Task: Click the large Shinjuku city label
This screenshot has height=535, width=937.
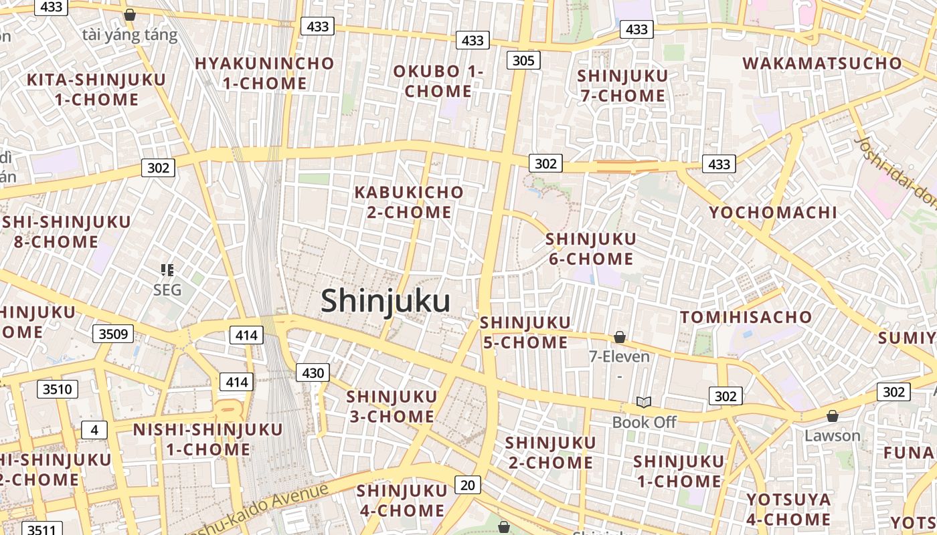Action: point(385,300)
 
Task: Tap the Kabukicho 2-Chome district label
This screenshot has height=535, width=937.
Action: point(408,202)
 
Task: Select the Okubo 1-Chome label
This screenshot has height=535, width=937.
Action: point(438,81)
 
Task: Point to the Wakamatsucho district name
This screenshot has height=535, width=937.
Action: point(822,64)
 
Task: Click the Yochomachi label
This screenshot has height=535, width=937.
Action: point(773,213)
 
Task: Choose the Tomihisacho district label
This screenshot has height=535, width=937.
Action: point(746,317)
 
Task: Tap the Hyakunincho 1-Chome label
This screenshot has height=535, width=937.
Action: point(264,74)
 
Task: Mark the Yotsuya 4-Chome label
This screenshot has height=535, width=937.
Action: point(788,510)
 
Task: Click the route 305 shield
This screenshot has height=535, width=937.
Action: point(523,61)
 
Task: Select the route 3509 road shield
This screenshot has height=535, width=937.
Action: point(112,333)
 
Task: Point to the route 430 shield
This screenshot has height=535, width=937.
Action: point(313,373)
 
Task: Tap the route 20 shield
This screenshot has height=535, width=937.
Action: point(467,485)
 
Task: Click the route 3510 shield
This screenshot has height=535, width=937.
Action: point(57,389)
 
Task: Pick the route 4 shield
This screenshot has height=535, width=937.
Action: point(94,430)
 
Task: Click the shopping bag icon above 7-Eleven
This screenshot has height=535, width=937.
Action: point(619,338)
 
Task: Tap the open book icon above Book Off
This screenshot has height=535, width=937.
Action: point(643,403)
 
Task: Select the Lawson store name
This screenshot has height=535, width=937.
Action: point(832,436)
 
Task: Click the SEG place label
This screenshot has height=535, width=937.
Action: point(167,290)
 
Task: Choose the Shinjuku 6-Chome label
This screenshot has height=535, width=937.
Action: point(591,249)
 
